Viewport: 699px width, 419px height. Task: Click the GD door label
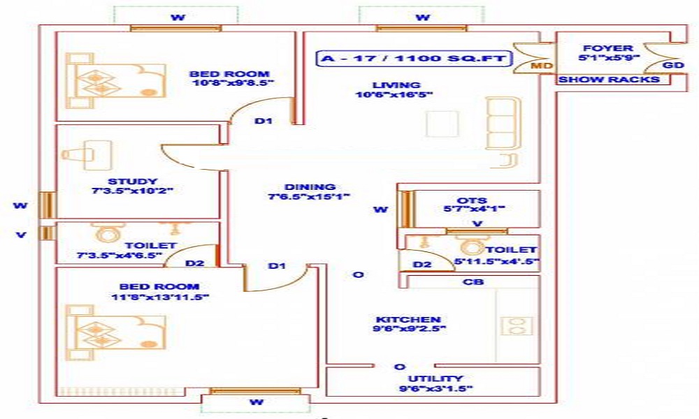pyautogui.click(x=672, y=66)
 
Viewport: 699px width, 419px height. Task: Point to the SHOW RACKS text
pyautogui.click(x=609, y=80)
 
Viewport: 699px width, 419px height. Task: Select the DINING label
pyautogui.click(x=310, y=186)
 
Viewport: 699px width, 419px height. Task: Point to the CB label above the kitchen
pyautogui.click(x=475, y=282)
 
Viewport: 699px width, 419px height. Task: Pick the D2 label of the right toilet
pyautogui.click(x=422, y=265)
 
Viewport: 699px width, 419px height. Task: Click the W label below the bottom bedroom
pyautogui.click(x=257, y=402)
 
